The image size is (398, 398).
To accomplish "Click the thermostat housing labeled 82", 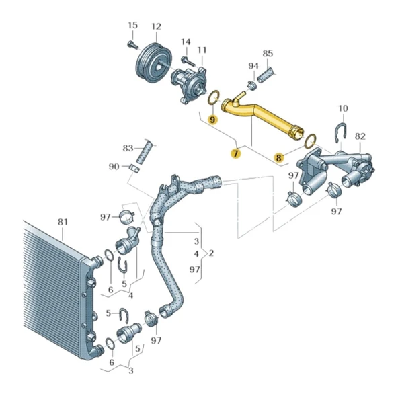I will pos(336,168).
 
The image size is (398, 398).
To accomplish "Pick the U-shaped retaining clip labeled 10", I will pos(341,133).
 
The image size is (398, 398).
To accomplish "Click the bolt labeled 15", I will pos(132,45).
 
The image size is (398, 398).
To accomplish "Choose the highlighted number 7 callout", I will pos(235,154).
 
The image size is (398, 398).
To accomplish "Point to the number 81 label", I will pos(63,221).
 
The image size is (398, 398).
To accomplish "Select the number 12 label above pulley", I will pos(156,27).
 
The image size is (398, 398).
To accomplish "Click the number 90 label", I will pos(114,166).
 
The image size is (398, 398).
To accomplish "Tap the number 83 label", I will pos(128,147).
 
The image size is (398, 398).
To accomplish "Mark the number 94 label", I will pos(253,66).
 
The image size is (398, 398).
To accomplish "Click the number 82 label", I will pos(360,136).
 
